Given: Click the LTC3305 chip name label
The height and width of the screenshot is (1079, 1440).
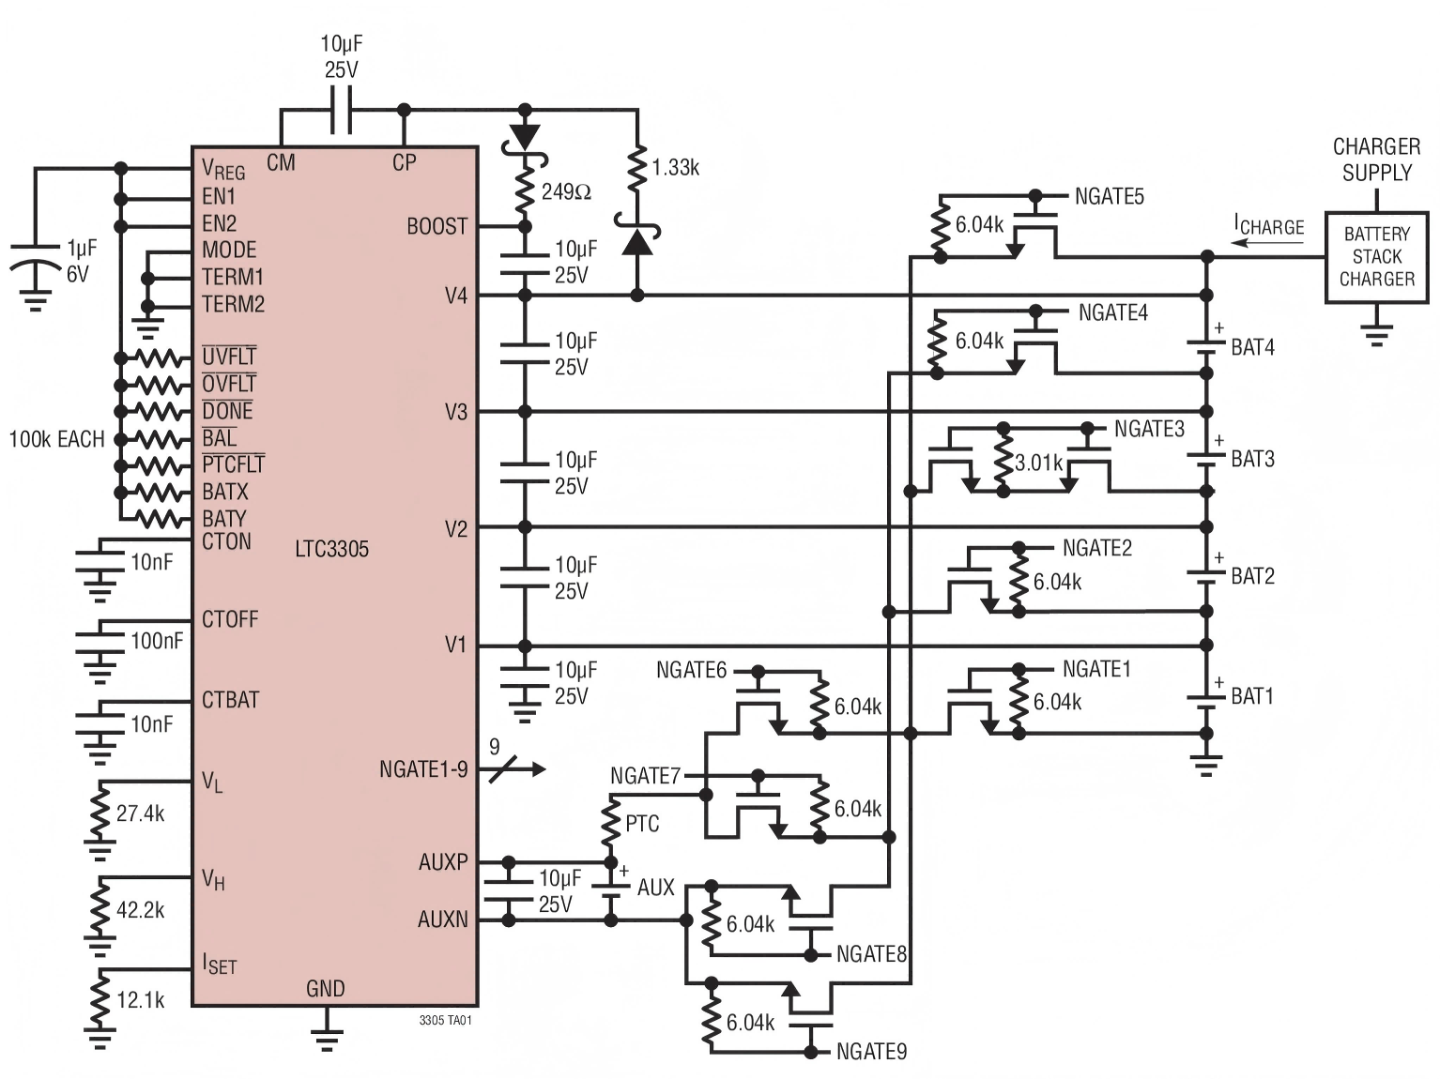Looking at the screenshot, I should tap(331, 549).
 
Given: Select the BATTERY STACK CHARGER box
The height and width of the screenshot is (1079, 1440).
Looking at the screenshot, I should tap(1376, 256).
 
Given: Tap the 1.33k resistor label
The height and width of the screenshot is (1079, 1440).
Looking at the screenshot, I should tap(676, 168).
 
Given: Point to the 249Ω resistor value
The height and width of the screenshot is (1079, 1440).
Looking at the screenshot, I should tap(566, 192).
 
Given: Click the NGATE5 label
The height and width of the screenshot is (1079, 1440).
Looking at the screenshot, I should tap(1109, 197).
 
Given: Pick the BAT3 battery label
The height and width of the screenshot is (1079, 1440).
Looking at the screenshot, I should tap(1252, 459).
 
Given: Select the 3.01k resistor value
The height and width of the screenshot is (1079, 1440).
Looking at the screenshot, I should tap(1038, 463).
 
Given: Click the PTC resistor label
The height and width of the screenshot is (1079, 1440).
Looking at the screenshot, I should tap(642, 824).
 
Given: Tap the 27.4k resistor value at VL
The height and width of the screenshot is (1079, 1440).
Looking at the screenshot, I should tap(141, 813).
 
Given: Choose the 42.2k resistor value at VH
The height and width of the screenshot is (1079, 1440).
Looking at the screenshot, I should tap(141, 910).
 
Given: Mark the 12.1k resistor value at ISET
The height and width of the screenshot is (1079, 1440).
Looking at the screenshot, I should tap(141, 1000).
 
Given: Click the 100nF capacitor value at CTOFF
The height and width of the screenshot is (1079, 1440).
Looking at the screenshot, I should tap(157, 641).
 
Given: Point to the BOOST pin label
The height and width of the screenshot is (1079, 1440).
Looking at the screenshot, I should tap(437, 227).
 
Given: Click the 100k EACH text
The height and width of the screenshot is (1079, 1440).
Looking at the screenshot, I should tap(56, 439).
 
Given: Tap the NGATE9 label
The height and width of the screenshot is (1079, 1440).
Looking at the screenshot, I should tap(871, 1052).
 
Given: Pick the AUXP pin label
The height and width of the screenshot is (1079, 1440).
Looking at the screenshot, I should tap(442, 862).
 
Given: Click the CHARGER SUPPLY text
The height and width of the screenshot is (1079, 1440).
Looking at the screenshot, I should tap(1376, 160).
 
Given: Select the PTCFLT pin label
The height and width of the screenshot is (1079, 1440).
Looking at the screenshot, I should tap(233, 464).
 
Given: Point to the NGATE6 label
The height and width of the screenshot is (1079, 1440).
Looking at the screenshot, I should tap(691, 670).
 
